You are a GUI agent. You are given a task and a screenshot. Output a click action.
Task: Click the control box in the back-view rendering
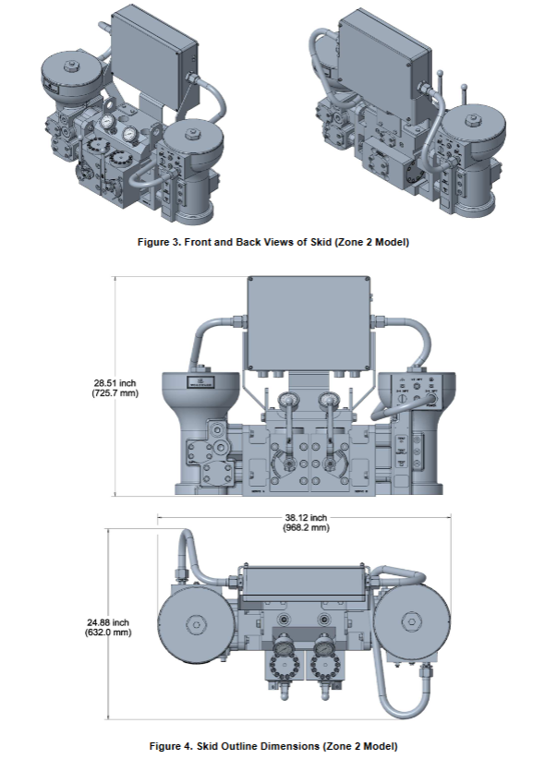tap(381, 57)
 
